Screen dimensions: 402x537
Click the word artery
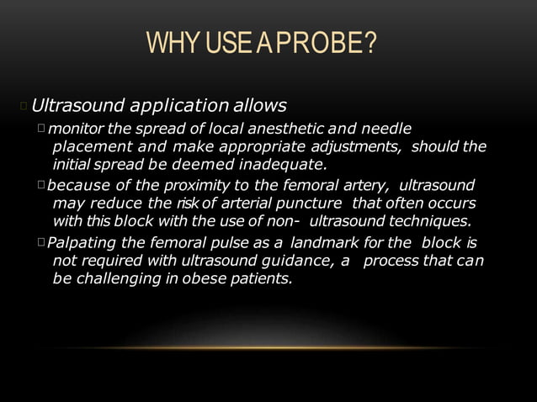click(x=365, y=184)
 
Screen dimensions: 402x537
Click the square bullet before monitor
click(x=41, y=129)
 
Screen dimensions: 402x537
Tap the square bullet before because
click(x=41, y=183)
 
